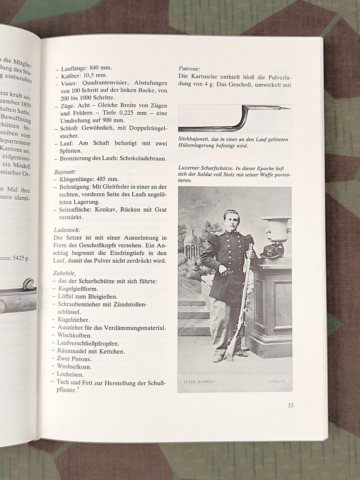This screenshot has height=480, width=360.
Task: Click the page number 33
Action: [290, 405]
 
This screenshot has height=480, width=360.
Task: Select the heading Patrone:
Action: [189, 68]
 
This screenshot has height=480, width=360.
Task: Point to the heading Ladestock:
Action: [67, 230]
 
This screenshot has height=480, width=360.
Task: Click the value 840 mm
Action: [100, 68]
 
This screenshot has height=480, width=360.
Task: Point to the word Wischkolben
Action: [74, 335]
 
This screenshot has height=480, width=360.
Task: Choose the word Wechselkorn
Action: [74, 366]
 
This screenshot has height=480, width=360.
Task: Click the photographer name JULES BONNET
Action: [199, 382]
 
